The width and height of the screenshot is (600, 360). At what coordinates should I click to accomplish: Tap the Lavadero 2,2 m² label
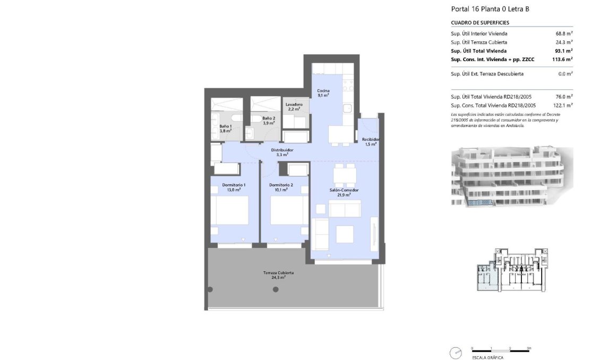pos(294,107)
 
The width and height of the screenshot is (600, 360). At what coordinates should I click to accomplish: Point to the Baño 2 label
pos(269,121)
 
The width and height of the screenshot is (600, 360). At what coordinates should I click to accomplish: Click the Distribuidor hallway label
pos(282,152)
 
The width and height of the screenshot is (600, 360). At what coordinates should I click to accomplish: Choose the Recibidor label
pos(371,142)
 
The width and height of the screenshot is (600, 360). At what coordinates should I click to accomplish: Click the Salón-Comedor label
pos(345,192)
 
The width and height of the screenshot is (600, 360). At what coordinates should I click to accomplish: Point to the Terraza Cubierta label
pos(278,275)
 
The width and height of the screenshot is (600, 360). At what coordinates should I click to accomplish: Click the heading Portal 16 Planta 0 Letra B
pos(490,9)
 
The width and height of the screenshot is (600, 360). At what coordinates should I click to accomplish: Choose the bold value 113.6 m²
pos(562,59)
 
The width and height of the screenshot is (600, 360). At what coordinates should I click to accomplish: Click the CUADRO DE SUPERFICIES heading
pos(480,23)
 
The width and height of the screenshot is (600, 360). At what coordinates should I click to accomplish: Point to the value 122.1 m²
pos(563,106)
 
